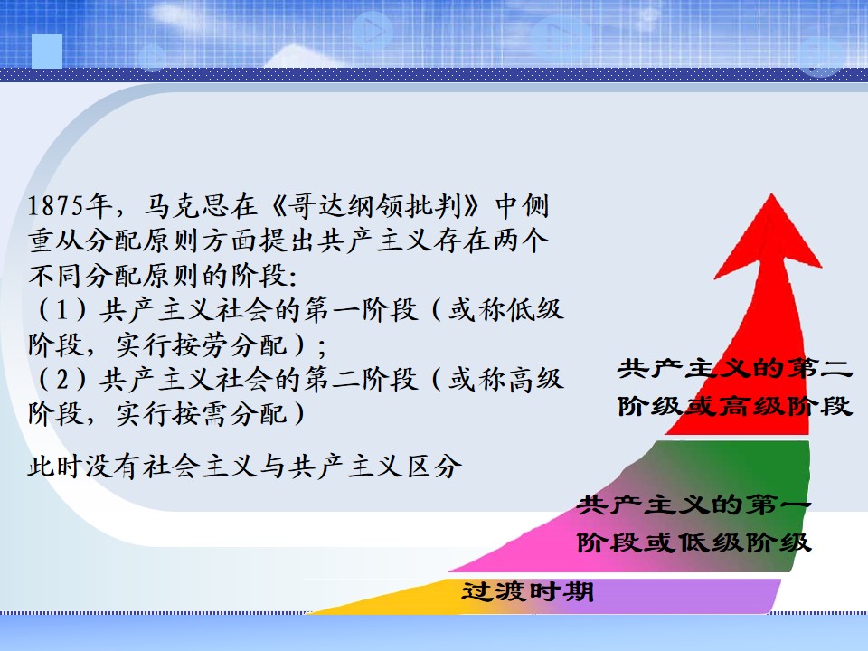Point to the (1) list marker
[62, 309]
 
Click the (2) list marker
[62, 379]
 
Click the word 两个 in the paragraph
[521, 241]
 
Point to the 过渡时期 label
[527, 591]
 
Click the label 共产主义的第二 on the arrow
[734, 368]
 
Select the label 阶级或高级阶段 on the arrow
[734, 406]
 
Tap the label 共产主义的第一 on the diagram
[693, 505]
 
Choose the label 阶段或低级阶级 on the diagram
[693, 542]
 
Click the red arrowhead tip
[771, 194]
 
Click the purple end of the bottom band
[774, 596]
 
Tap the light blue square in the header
[47, 51]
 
